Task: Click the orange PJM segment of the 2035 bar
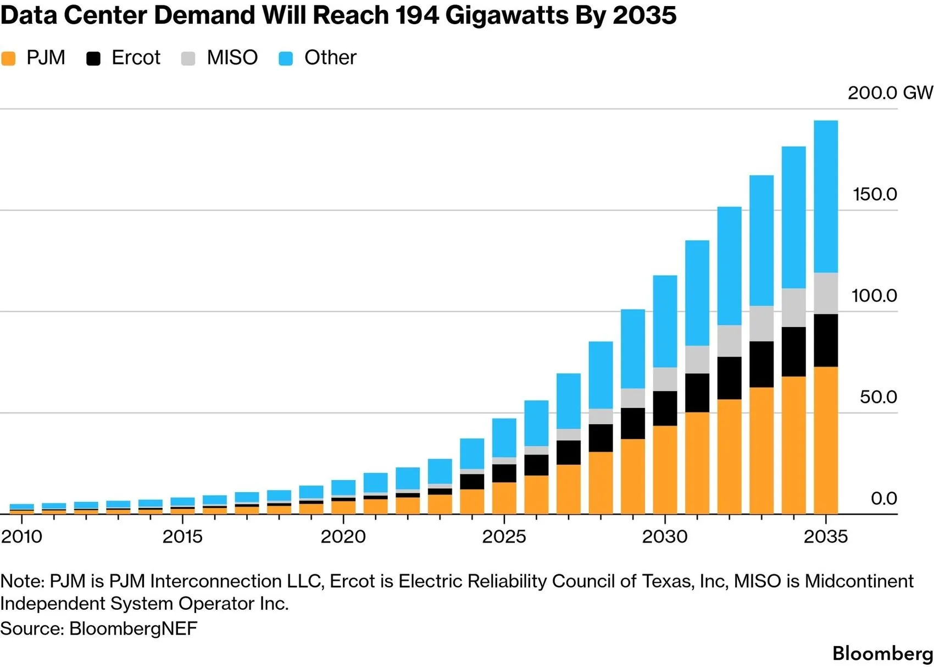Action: [826, 440]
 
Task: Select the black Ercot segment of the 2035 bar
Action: [826, 340]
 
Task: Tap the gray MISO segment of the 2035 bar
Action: [826, 294]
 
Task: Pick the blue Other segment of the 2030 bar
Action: [665, 321]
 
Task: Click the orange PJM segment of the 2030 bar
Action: [665, 470]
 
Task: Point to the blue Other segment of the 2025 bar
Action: [504, 438]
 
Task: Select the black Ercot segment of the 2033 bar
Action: [761, 365]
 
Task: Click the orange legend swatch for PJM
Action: [8, 58]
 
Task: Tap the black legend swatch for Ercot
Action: [93, 58]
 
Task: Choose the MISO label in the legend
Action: [232, 58]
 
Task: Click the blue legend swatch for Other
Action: [286, 58]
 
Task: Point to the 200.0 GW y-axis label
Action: [891, 93]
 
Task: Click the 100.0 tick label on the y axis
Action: [874, 295]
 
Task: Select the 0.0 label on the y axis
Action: [883, 498]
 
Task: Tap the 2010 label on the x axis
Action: [21, 537]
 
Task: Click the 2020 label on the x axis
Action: [343, 537]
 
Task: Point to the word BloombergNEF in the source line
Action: [133, 628]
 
